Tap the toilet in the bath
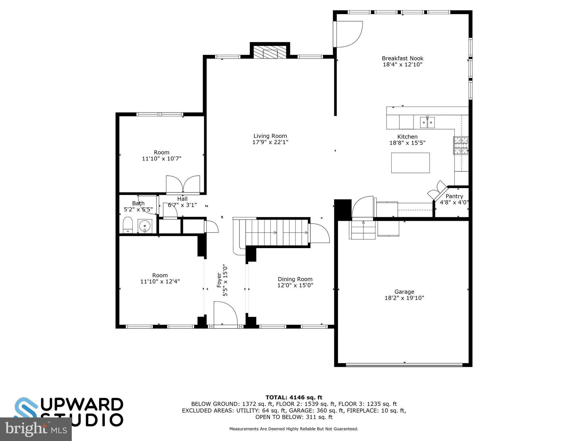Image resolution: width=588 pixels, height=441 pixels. point(128,225)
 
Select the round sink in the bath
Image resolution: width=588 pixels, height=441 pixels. point(145,226)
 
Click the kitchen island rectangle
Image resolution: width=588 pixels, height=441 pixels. point(410,163)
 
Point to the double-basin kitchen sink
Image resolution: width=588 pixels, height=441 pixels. point(427,122)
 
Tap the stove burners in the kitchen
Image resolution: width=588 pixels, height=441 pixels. point(461,146)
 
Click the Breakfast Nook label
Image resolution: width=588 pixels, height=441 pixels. point(403,58)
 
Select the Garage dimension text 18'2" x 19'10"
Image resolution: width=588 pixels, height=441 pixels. point(404,298)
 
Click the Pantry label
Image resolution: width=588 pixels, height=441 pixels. point(454,196)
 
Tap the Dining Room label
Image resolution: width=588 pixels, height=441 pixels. point(295,279)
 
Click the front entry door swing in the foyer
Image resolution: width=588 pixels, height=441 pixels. point(225,314)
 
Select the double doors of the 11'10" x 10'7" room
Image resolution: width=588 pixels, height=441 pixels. point(183,184)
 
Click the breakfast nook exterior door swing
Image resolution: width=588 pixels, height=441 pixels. point(348,34)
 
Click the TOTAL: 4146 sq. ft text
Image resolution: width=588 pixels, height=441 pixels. point(294,397)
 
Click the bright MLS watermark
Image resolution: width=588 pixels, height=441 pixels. point(36,429)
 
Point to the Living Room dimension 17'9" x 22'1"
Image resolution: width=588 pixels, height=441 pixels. point(270,142)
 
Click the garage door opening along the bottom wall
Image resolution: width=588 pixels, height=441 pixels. point(404,365)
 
